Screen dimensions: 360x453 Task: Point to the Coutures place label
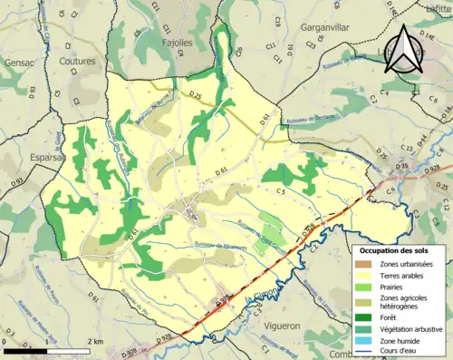click(78, 61)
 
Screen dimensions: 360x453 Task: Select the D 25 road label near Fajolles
click(199, 94)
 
